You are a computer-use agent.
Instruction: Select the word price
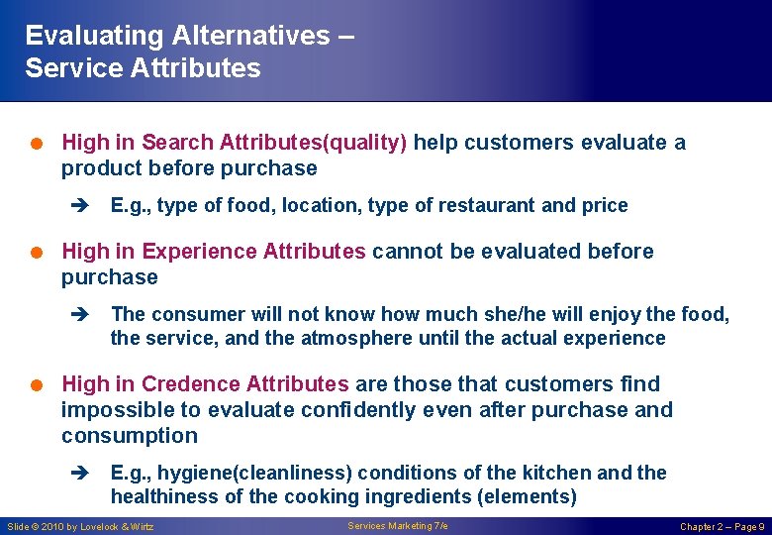pos(605,206)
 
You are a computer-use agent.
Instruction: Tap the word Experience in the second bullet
pos(201,252)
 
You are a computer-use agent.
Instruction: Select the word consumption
pos(130,436)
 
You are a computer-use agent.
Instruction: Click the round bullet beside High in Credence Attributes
pos(36,384)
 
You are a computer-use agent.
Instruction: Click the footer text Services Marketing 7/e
pos(398,526)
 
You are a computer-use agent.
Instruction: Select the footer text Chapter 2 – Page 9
pos(722,527)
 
